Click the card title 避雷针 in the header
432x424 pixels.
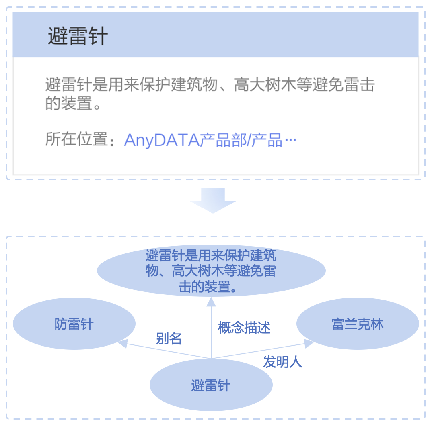(x=78, y=37)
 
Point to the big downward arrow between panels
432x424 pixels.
(x=213, y=200)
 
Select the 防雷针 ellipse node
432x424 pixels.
(x=74, y=324)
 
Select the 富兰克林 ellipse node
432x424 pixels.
(x=358, y=324)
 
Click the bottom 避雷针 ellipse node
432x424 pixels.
(x=211, y=385)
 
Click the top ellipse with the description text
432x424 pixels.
(x=211, y=271)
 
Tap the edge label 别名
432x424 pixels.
(x=169, y=339)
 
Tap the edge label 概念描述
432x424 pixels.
(x=244, y=328)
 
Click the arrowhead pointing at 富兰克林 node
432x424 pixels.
(x=309, y=343)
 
